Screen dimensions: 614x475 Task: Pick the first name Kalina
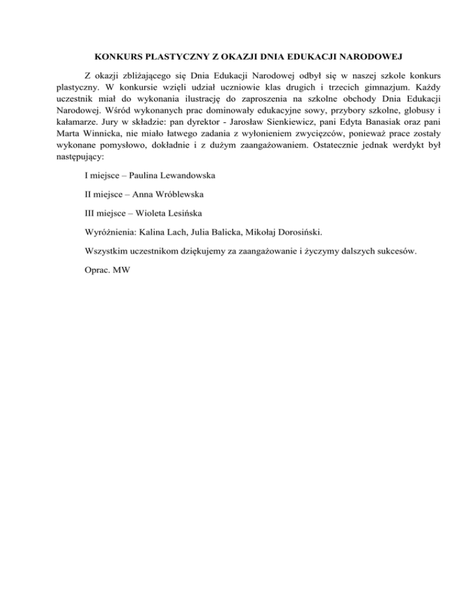(x=155, y=233)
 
